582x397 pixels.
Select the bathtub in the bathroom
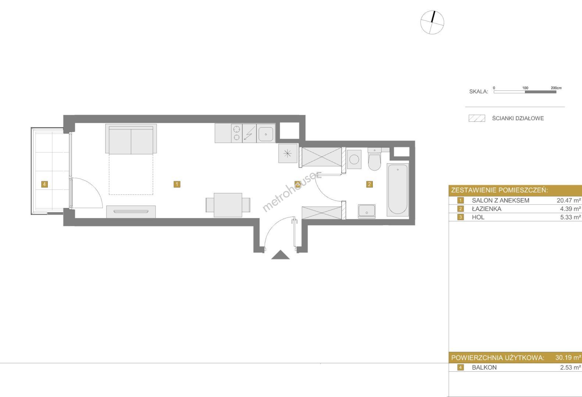397,190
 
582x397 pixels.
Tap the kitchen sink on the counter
266,133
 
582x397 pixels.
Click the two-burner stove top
236,133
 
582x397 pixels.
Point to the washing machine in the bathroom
354,159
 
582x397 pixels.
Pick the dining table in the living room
228,205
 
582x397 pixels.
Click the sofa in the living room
131,139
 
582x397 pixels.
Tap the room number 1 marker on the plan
177,184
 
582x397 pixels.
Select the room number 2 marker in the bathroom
369,184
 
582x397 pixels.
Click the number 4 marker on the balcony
44,184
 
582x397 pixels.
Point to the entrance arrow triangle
281,255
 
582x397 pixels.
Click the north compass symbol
432,22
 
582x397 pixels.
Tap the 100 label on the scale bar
525,88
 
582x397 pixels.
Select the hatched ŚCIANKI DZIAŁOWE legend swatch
477,118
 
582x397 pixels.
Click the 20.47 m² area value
569,200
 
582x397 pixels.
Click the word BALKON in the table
484,368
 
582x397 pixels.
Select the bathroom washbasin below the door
367,211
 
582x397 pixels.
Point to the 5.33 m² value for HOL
571,217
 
